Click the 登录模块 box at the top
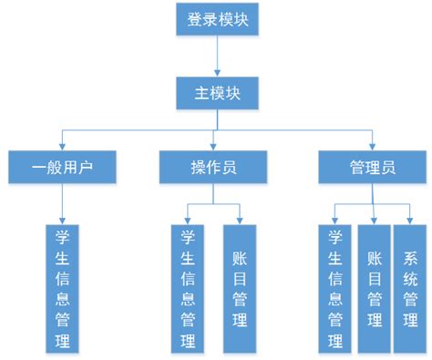[216, 19]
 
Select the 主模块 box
[216, 92]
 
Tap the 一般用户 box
[62, 167]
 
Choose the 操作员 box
[215, 167]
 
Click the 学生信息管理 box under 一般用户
[62, 287]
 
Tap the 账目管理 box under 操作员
[240, 287]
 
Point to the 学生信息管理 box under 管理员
[335, 287]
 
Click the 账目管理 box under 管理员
[374, 287]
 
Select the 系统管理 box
[410, 287]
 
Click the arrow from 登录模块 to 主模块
[216, 57]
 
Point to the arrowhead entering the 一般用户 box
[62, 146]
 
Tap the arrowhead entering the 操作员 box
[216, 146]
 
